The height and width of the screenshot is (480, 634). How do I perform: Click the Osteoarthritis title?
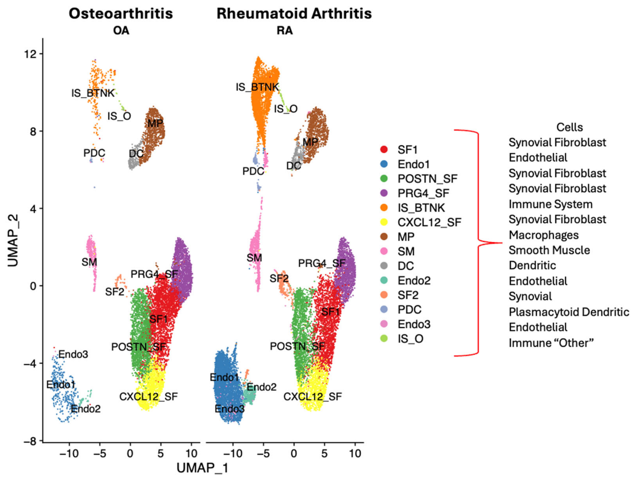(x=121, y=14)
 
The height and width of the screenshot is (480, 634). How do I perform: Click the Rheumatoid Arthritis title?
(x=294, y=14)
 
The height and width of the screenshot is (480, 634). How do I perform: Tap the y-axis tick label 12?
(x=31, y=54)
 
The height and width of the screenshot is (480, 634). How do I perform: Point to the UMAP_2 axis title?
(x=13, y=240)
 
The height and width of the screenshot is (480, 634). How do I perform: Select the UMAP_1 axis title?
(x=202, y=468)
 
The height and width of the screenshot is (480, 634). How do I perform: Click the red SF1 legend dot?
(x=384, y=149)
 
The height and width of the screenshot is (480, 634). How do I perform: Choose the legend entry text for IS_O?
(x=410, y=339)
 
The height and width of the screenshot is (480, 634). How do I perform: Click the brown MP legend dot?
(x=384, y=237)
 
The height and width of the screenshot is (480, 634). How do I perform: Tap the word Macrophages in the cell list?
(x=543, y=235)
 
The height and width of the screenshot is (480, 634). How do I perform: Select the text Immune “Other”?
(x=551, y=343)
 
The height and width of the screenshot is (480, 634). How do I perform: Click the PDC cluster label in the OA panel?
(x=94, y=153)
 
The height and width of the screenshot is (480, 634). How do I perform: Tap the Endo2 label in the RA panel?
(x=261, y=387)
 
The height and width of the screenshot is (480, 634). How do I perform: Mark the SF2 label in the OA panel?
(x=115, y=292)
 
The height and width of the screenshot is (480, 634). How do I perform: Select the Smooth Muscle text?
(x=549, y=250)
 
